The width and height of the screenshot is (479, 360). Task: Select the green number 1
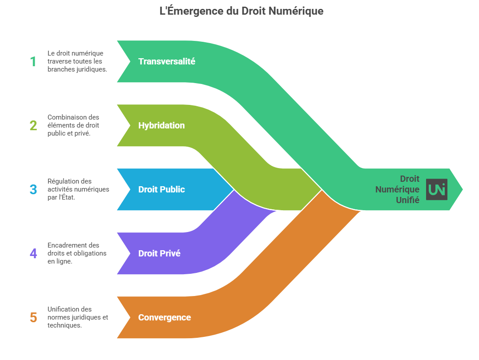click(x=33, y=61)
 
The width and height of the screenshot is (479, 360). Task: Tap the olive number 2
click(x=33, y=125)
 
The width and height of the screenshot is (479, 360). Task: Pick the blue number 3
click(x=33, y=189)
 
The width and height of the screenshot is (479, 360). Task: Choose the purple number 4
click(x=33, y=253)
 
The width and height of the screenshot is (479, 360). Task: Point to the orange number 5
click(x=33, y=317)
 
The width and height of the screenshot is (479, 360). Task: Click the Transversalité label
click(x=166, y=61)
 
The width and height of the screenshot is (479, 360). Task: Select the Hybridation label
click(x=161, y=125)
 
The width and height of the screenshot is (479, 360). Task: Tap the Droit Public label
click(x=161, y=189)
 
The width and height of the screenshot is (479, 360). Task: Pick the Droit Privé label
click(x=159, y=253)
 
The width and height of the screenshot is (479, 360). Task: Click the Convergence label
click(x=164, y=317)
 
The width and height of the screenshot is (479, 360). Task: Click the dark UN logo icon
click(x=437, y=189)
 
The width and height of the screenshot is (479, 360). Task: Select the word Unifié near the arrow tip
click(x=407, y=200)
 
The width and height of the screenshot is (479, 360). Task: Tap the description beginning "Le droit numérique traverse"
click(x=77, y=61)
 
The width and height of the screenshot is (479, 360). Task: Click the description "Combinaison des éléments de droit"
click(x=73, y=125)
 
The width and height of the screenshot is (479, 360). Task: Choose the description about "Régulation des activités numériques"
click(x=78, y=189)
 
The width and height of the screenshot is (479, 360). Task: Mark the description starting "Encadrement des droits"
click(x=76, y=253)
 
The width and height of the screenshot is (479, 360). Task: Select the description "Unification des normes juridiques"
click(x=77, y=317)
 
